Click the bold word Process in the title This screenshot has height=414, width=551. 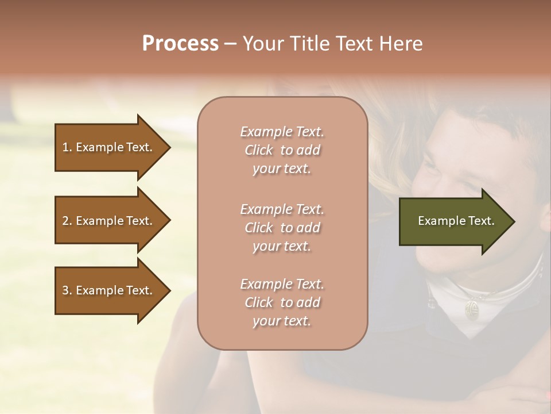tap(180, 44)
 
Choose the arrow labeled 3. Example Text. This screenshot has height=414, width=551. tap(109, 291)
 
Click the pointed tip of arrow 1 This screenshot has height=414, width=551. tap(169, 148)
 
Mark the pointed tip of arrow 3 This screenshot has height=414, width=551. tap(169, 291)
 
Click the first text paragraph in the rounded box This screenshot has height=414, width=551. tap(282, 150)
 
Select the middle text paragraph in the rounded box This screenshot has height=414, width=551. tap(282, 228)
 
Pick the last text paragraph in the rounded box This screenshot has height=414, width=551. tap(282, 302)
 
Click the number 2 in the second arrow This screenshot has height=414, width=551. tap(65, 221)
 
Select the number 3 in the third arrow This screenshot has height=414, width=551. tap(65, 291)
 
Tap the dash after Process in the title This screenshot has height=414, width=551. tap(230, 44)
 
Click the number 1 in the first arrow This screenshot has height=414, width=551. tap(65, 148)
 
